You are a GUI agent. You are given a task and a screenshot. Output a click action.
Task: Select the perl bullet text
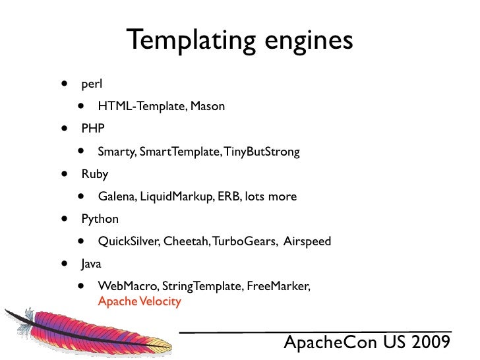92,84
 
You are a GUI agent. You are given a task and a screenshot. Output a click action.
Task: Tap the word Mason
208,105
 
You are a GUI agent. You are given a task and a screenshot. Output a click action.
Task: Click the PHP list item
93,129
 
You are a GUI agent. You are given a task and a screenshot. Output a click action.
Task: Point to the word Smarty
117,152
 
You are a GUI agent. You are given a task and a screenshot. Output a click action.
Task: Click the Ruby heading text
94,174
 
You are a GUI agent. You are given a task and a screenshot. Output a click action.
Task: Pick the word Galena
116,196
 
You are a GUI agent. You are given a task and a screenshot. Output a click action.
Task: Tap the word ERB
227,196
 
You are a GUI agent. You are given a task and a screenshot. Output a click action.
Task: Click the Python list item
100,219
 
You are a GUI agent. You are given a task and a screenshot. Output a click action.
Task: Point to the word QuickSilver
127,241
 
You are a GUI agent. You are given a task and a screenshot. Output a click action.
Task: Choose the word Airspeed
307,241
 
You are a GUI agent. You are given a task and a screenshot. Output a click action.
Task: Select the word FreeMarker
279,286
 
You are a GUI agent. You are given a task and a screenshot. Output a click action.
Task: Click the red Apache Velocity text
139,302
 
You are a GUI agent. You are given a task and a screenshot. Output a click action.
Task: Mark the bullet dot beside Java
65,264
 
